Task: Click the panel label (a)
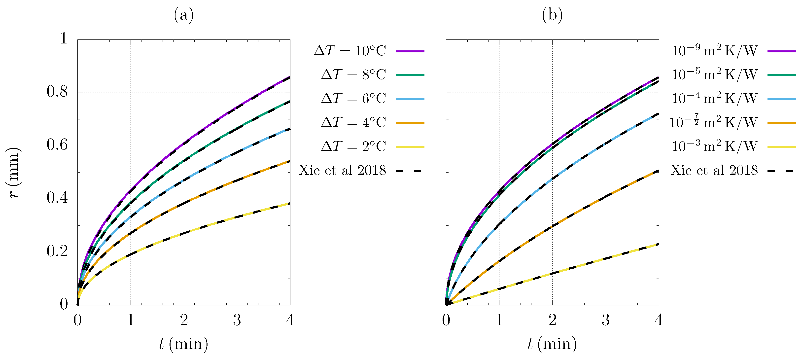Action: (184, 15)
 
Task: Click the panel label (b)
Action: (552, 15)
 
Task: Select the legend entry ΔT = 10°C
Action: (350, 51)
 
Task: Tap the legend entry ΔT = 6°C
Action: (353, 99)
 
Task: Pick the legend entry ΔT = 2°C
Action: (353, 146)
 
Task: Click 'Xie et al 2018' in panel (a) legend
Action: (342, 170)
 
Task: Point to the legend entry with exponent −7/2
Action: (713, 122)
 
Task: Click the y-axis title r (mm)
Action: (14, 173)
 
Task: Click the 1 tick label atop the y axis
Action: (64, 39)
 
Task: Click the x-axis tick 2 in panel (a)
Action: (184, 320)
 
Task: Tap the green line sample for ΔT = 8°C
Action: (410, 75)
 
